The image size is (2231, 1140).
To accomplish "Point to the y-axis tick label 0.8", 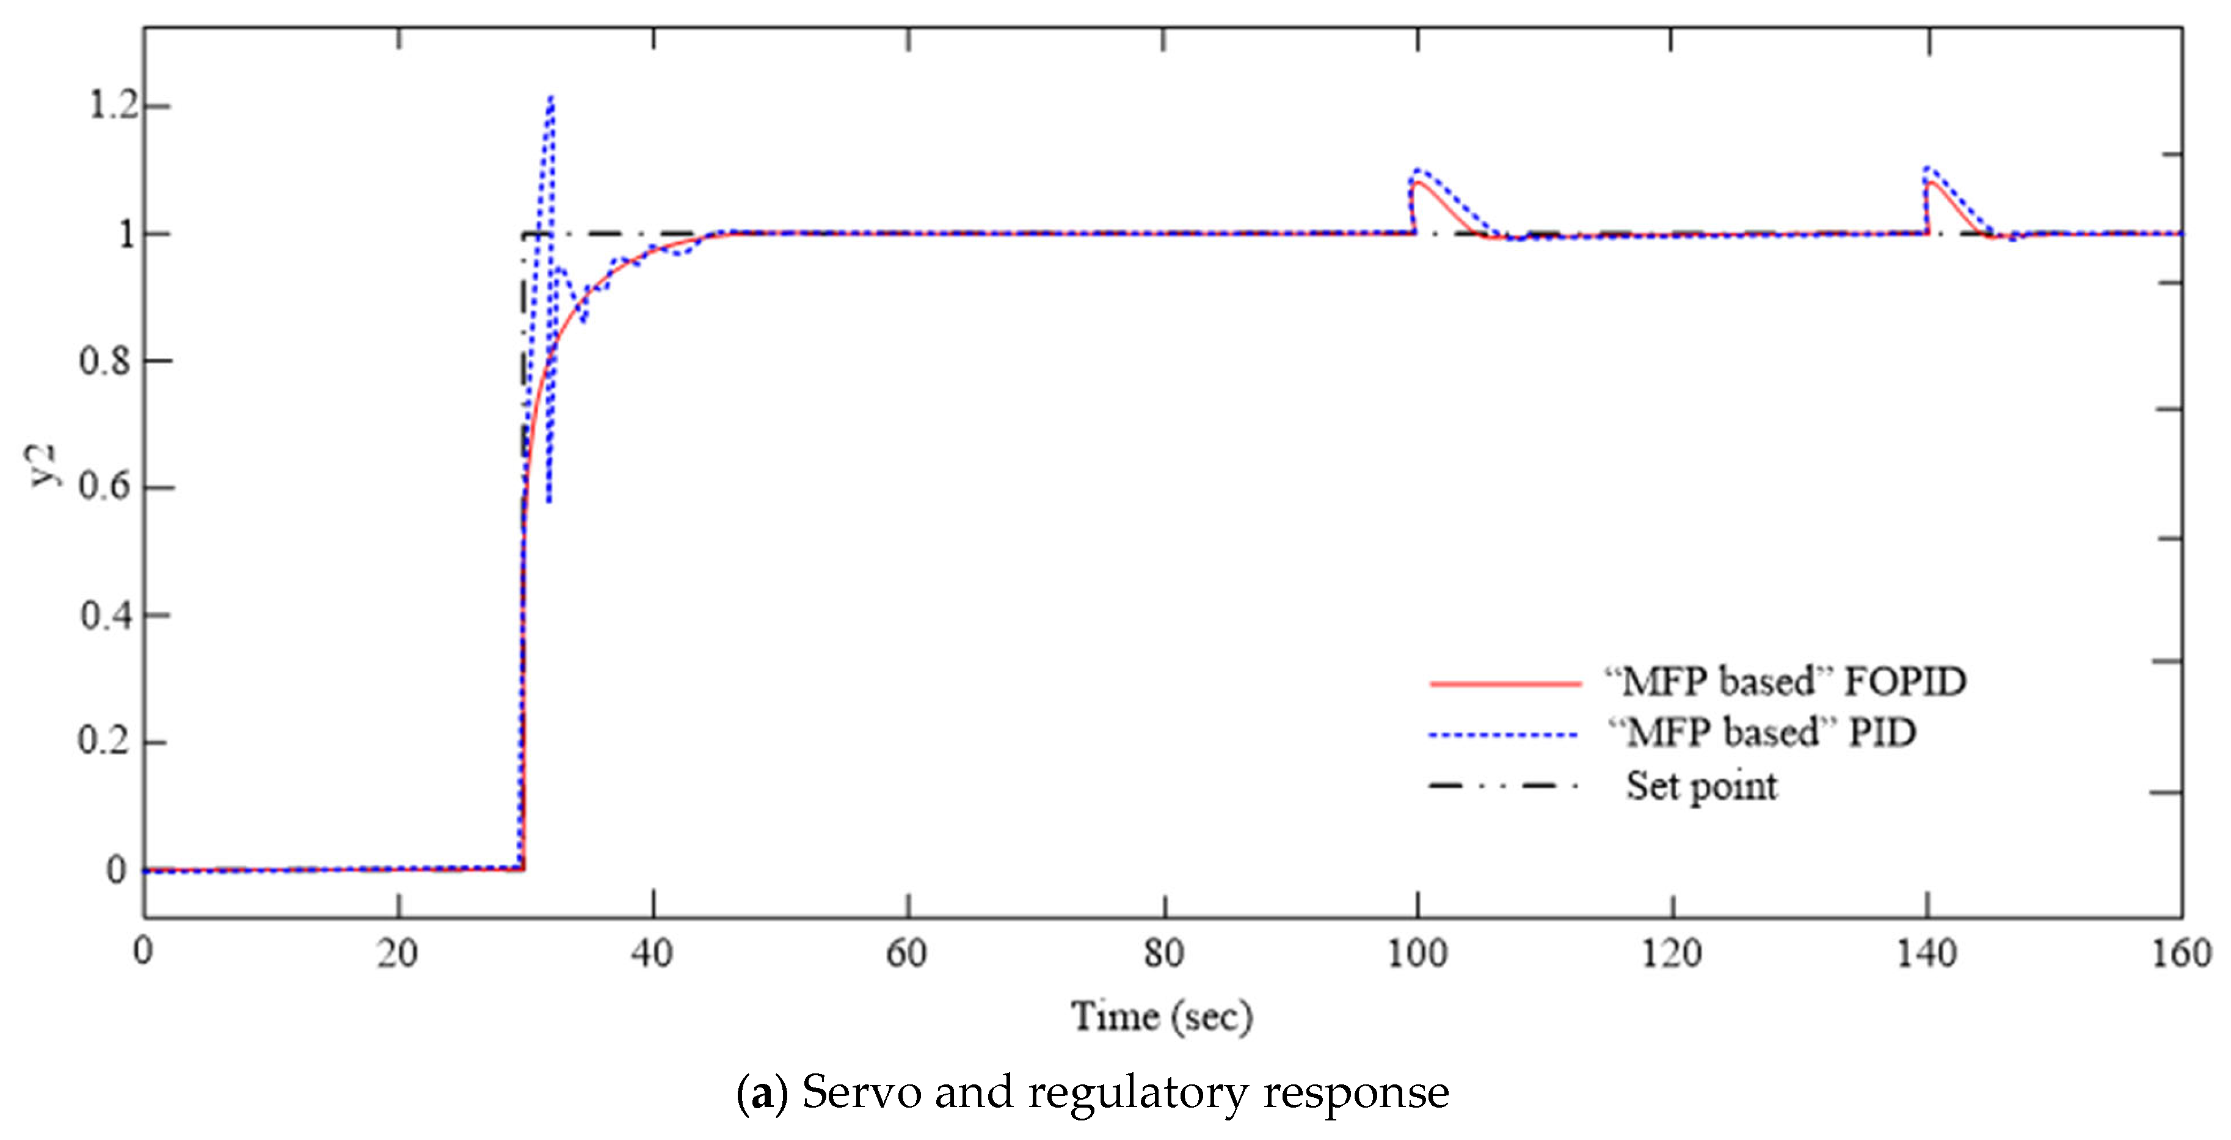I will coord(105,360).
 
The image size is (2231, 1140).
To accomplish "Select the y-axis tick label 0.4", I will coord(105,615).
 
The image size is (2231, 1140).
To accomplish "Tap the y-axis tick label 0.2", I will coord(105,742).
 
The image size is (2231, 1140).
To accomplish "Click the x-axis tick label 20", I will coord(398,954).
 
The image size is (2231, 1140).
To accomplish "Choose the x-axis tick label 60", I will coord(907,954).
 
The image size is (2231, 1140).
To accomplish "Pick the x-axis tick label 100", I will coord(1417,954).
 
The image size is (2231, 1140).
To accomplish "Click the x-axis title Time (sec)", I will coord(1162,1017).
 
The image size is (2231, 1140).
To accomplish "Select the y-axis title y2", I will coord(43,465).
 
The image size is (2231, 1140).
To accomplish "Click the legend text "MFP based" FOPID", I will coord(1785,682).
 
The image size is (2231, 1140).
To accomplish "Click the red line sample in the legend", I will coord(1505,684).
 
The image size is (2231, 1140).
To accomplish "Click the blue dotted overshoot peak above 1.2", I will coord(551,98).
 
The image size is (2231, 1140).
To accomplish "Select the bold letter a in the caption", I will coord(762,1094).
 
